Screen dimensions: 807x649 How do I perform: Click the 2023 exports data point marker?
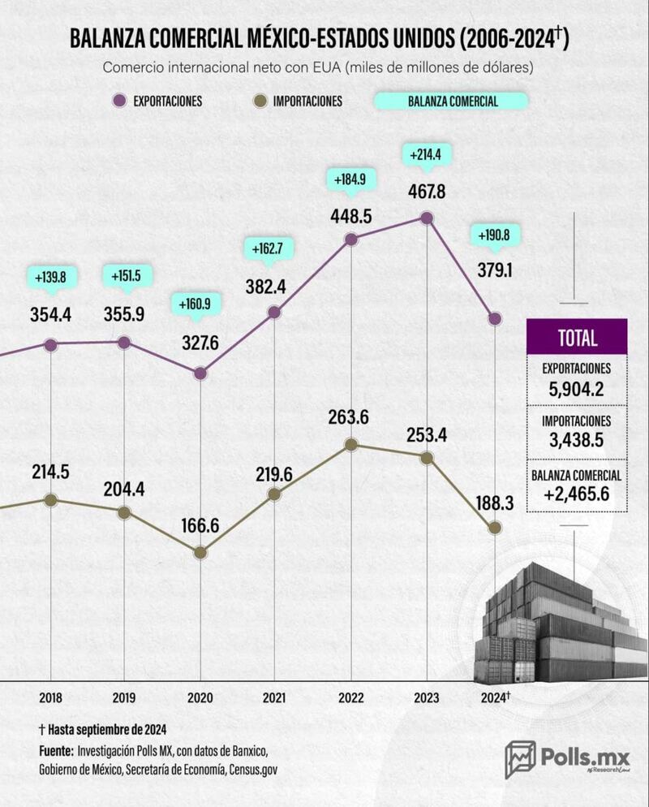point(427,218)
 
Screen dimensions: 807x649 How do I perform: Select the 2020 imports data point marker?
point(200,552)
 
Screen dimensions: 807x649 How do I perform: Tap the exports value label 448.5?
point(351,217)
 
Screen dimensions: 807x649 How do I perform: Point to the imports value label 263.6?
point(351,418)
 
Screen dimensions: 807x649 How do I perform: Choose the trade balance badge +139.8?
point(51,278)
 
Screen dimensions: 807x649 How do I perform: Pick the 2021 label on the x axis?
point(274,697)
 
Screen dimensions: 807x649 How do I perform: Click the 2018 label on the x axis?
point(50,697)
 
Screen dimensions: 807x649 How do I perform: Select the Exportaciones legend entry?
point(159,101)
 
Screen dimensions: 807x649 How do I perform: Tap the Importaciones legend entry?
point(299,101)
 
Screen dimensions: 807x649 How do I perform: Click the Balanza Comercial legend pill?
point(451,101)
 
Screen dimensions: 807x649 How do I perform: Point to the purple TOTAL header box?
point(577,338)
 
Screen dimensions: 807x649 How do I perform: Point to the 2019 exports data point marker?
point(123,343)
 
